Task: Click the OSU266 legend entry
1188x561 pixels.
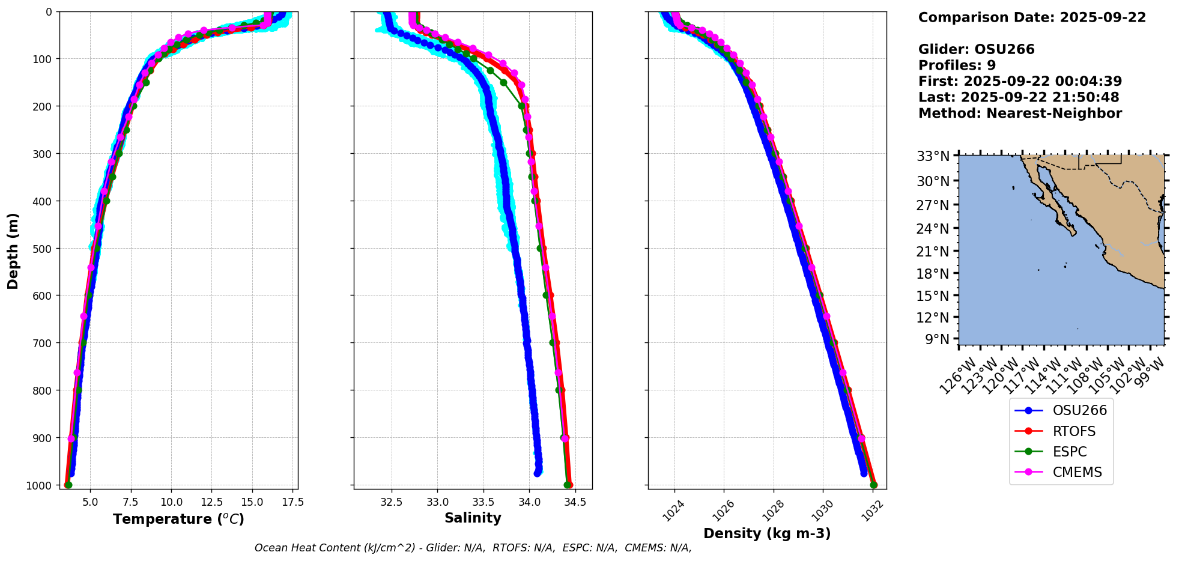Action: [x=1079, y=411]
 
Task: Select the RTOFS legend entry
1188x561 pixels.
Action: [x=1073, y=431]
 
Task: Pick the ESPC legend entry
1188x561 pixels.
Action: [x=1069, y=452]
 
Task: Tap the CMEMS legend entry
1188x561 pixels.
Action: [x=1077, y=472]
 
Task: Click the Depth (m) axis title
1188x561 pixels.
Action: [x=13, y=250]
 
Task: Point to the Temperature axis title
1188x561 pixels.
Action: [x=178, y=519]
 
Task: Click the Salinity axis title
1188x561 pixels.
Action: [x=473, y=518]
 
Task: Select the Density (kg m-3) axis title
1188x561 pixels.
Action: [x=767, y=533]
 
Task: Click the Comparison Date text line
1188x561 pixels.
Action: [x=1032, y=17]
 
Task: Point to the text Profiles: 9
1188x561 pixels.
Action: [x=957, y=65]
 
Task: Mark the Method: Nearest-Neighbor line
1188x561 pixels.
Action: [x=1020, y=114]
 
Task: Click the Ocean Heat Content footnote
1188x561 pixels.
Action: [x=473, y=548]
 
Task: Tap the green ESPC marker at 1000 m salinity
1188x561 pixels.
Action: [x=567, y=485]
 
